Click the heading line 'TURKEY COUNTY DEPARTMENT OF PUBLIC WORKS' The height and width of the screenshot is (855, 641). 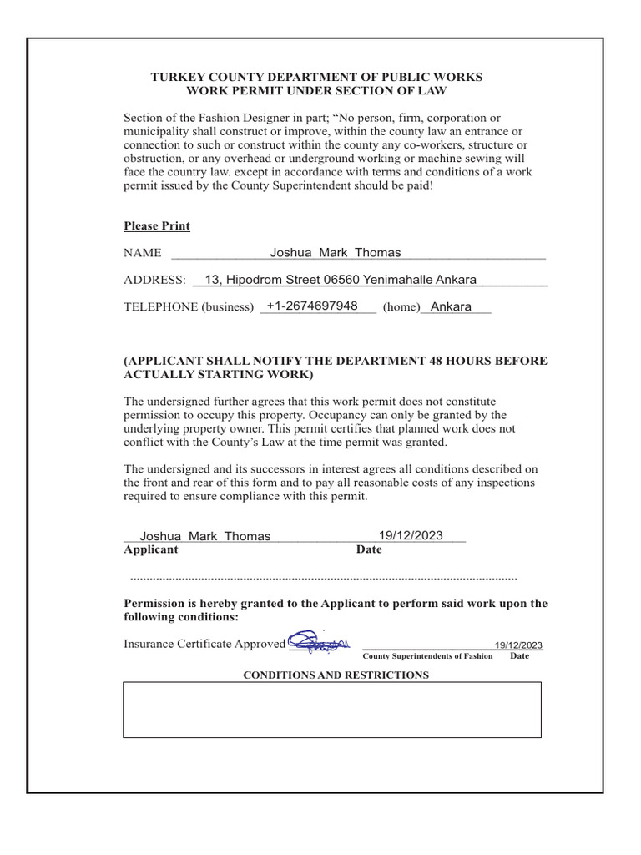[x=316, y=77]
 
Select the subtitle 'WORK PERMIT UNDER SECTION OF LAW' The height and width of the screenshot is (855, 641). [x=316, y=90]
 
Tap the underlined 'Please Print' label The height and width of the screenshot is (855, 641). [x=157, y=226]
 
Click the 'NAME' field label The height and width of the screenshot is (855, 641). [x=142, y=253]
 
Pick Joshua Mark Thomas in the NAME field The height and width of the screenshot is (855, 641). [x=336, y=253]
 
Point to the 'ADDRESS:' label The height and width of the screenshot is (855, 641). [x=154, y=280]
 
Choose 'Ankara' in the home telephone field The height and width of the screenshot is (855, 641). [x=451, y=306]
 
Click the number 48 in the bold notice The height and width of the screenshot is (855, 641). [x=437, y=361]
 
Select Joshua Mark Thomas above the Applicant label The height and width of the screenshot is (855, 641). [x=205, y=536]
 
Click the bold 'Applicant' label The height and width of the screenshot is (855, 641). [x=151, y=549]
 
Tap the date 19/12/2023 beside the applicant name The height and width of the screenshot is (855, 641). [x=411, y=535]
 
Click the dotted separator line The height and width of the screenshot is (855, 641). [x=324, y=578]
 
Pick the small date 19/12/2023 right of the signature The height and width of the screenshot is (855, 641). [x=518, y=645]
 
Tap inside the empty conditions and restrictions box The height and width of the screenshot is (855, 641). [x=332, y=710]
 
